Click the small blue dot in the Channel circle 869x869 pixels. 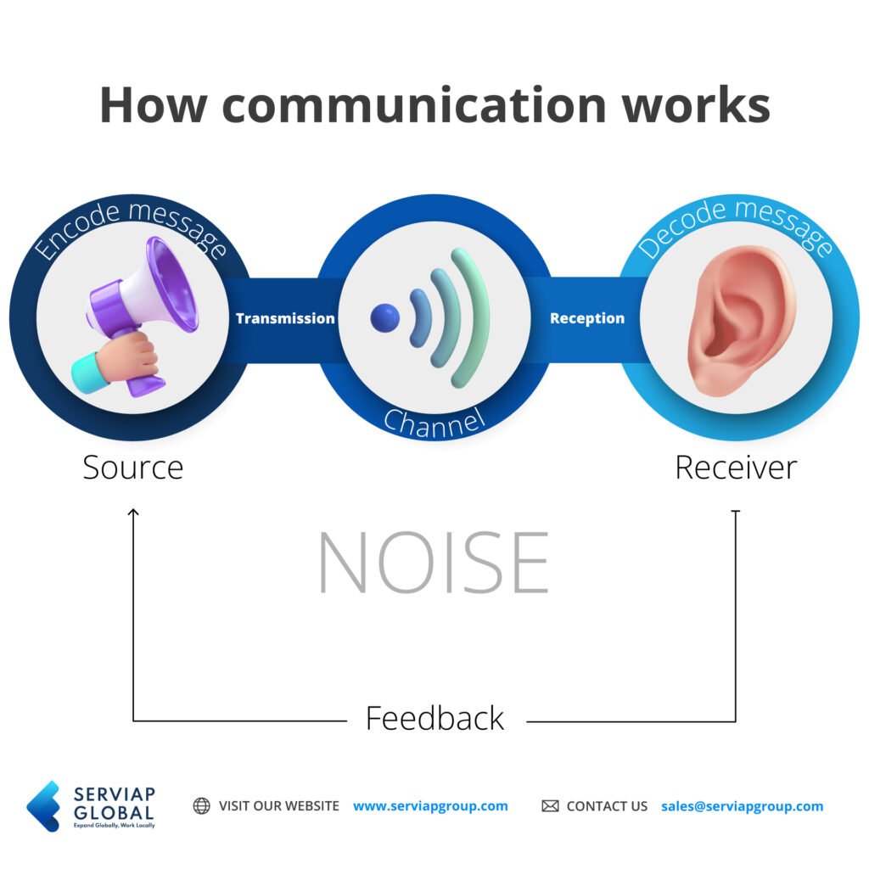point(384,317)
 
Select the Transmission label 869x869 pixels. point(285,318)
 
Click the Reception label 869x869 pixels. point(586,318)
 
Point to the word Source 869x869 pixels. point(132,468)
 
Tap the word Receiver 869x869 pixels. point(736,468)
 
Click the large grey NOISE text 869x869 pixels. point(434,563)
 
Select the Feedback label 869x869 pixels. point(434,718)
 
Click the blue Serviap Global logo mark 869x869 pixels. point(44,805)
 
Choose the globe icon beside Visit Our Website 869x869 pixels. point(201,805)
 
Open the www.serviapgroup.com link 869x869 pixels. point(430,805)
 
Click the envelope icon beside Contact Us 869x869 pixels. point(550,805)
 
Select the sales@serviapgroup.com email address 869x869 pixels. point(742,805)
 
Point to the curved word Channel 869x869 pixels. point(434,419)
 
